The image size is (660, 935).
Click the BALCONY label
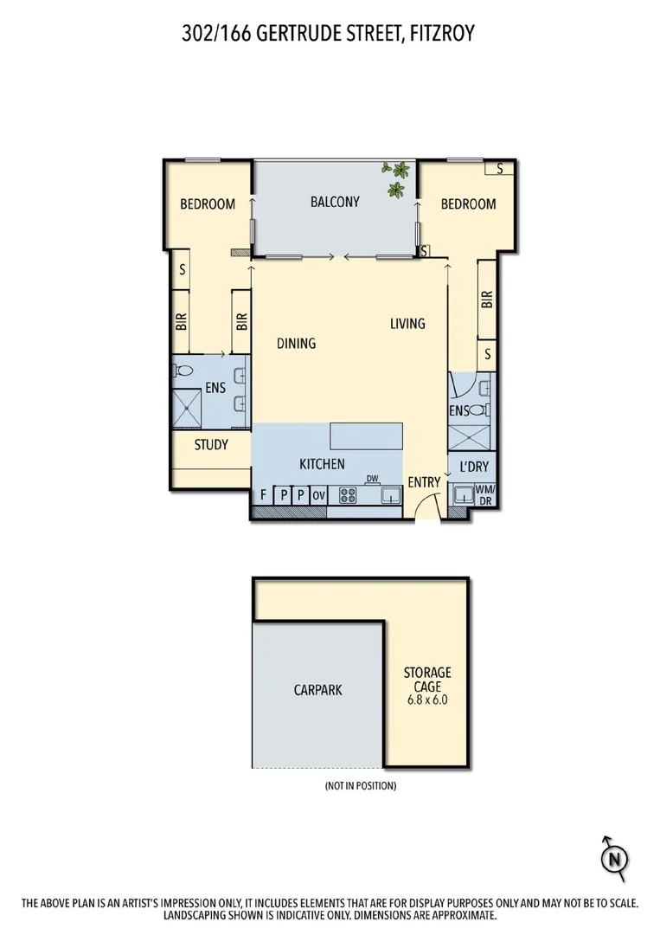coord(334,203)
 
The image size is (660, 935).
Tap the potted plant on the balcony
coord(398,179)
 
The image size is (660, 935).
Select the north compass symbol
coord(614,858)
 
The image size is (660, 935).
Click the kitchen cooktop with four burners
coord(348,496)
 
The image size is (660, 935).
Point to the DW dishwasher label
coord(373,479)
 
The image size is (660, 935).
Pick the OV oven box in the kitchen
coord(317,496)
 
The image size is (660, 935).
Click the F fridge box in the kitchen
coord(263,496)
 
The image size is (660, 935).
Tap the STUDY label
coord(211,445)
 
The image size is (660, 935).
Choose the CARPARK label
coord(317,690)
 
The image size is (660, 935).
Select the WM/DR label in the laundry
coord(484,495)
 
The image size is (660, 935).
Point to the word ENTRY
coord(424,482)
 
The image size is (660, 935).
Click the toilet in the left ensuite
coord(183,371)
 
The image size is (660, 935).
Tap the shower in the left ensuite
coord(186,408)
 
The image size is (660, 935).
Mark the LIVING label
coord(407,324)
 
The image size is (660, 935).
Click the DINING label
coord(296,343)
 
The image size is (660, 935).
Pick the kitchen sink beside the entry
coord(390,496)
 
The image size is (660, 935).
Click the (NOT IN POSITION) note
coord(361,786)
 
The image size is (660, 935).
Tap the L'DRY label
coord(473,467)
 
